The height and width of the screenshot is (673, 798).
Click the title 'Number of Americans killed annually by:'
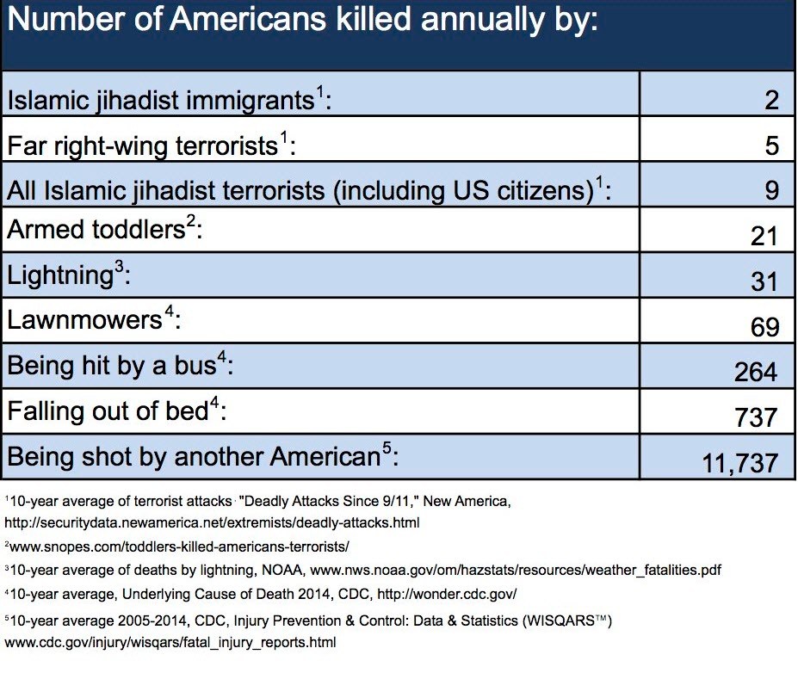pyautogui.click(x=302, y=21)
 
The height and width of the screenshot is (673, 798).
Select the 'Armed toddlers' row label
pyautogui.click(x=96, y=230)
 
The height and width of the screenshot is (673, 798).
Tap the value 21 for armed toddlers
pyautogui.click(x=764, y=236)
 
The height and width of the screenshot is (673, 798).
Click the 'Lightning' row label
pyautogui.click(x=60, y=275)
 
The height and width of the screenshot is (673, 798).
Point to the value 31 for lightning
pyautogui.click(x=764, y=281)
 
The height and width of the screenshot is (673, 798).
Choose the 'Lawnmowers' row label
pyautogui.click(x=84, y=320)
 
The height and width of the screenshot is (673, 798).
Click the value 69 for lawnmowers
pyautogui.click(x=764, y=326)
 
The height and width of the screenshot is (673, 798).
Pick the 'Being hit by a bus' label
pyautogui.click(x=112, y=366)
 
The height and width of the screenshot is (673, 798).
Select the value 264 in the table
pyautogui.click(x=756, y=372)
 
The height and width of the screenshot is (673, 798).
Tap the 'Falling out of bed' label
pyautogui.click(x=108, y=411)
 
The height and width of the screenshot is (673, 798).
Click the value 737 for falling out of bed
pyautogui.click(x=757, y=417)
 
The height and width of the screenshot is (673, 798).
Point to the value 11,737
pyautogui.click(x=740, y=463)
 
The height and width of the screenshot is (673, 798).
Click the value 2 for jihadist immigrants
pyautogui.click(x=771, y=100)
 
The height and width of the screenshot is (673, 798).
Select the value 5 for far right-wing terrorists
pyautogui.click(x=772, y=145)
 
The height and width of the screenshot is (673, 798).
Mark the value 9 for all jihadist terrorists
pyautogui.click(x=772, y=190)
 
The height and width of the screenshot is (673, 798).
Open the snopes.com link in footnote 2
pyautogui.click(x=179, y=546)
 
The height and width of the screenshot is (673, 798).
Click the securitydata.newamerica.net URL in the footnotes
pyautogui.click(x=212, y=522)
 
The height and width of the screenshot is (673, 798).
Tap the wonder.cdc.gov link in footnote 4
pyautogui.click(x=447, y=594)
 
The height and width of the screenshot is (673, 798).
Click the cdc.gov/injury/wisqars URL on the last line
pyautogui.click(x=170, y=642)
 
